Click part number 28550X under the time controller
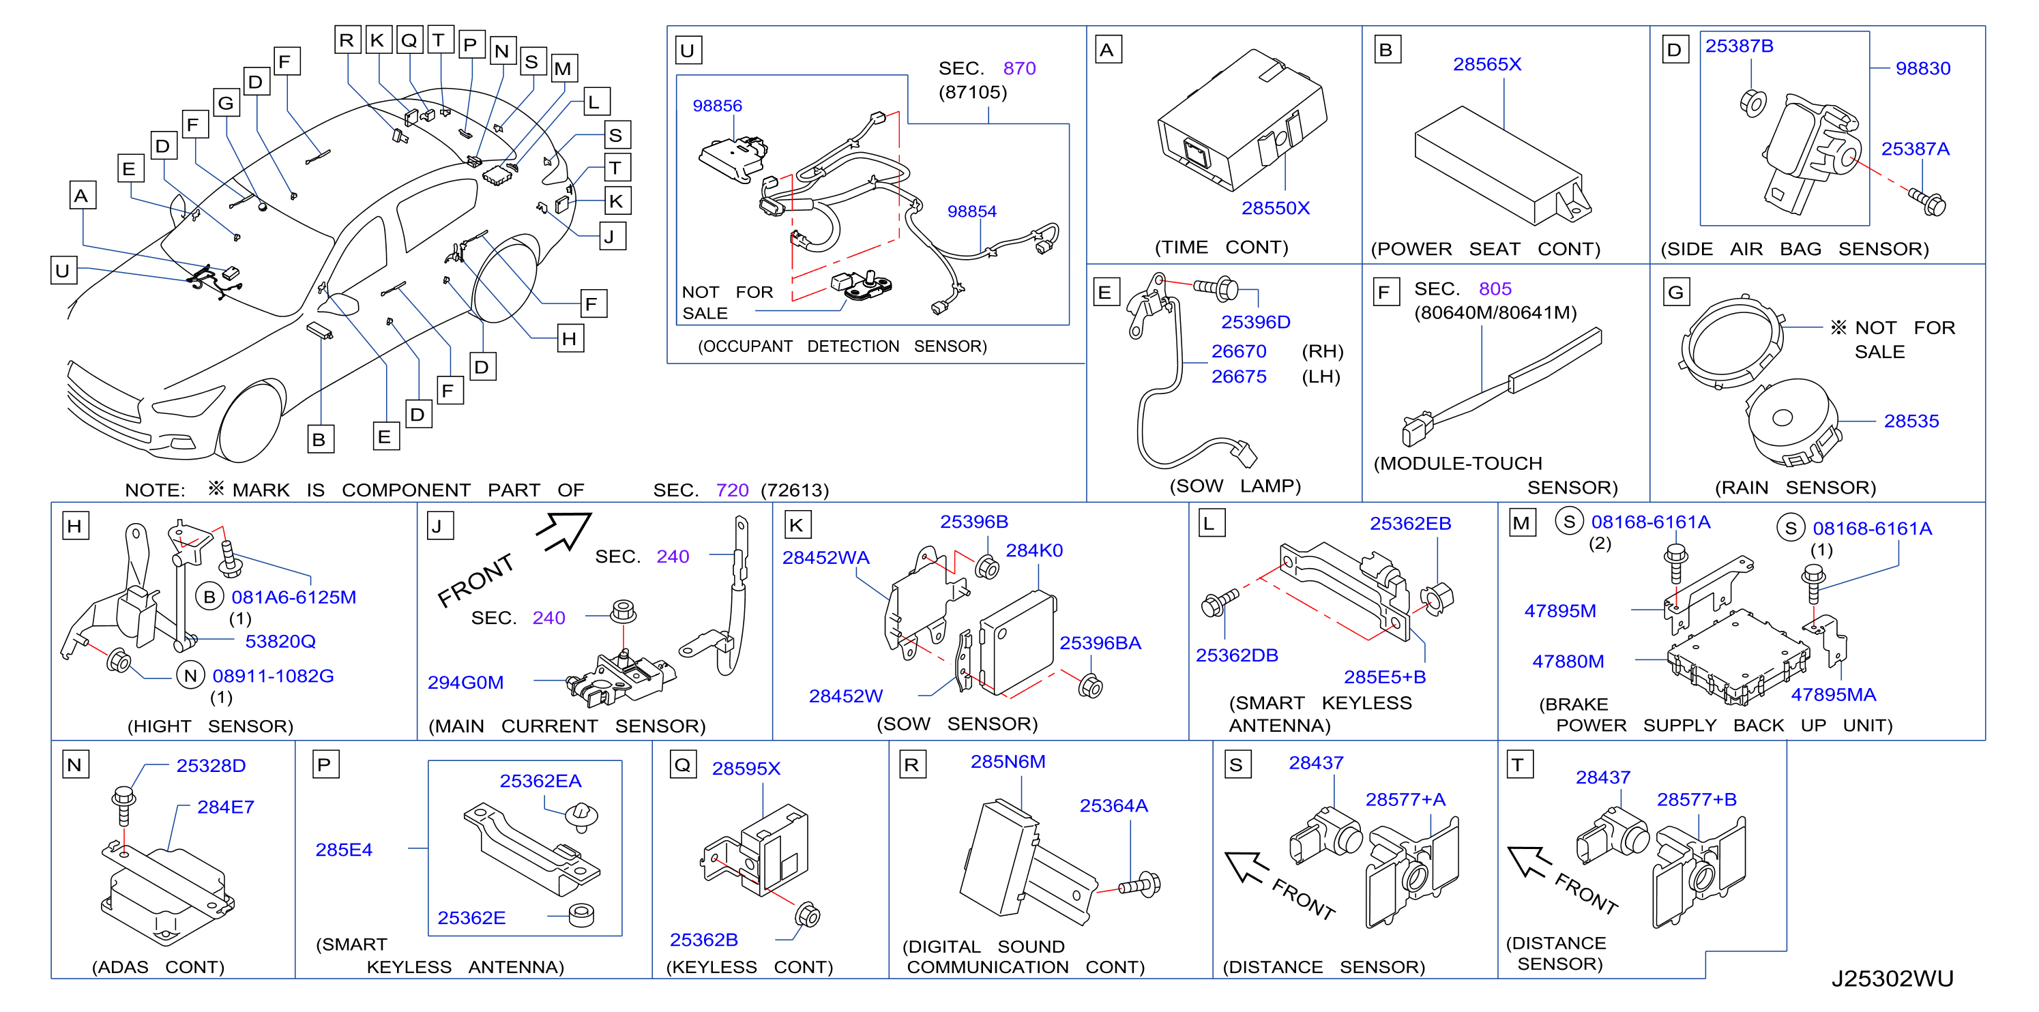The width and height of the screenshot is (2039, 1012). pyautogui.click(x=1275, y=208)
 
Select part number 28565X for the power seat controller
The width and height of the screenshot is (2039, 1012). pyautogui.click(x=1486, y=64)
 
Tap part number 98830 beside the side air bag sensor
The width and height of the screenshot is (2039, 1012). pyautogui.click(x=1922, y=68)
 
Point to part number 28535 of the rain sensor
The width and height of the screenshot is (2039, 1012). pyautogui.click(x=1911, y=421)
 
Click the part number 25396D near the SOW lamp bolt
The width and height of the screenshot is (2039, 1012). pyautogui.click(x=1255, y=322)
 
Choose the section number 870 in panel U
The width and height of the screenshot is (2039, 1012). pyautogui.click(x=1019, y=68)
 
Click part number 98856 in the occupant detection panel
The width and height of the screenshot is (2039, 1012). pyautogui.click(x=717, y=105)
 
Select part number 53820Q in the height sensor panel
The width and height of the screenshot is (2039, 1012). pyautogui.click(x=280, y=641)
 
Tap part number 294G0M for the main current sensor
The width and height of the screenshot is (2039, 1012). pyautogui.click(x=465, y=682)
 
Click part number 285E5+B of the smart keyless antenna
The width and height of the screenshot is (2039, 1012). pyautogui.click(x=1384, y=676)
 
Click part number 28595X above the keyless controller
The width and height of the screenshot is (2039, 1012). pyautogui.click(x=746, y=769)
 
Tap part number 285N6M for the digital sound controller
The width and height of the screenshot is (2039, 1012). pyautogui.click(x=1008, y=761)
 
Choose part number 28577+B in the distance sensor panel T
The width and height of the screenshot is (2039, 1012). pyautogui.click(x=1697, y=799)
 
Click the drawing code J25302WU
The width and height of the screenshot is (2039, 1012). pyautogui.click(x=1892, y=979)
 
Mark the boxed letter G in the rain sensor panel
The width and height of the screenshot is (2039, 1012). pyautogui.click(x=1675, y=292)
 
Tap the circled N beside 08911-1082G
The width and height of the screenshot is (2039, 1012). pyautogui.click(x=190, y=676)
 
